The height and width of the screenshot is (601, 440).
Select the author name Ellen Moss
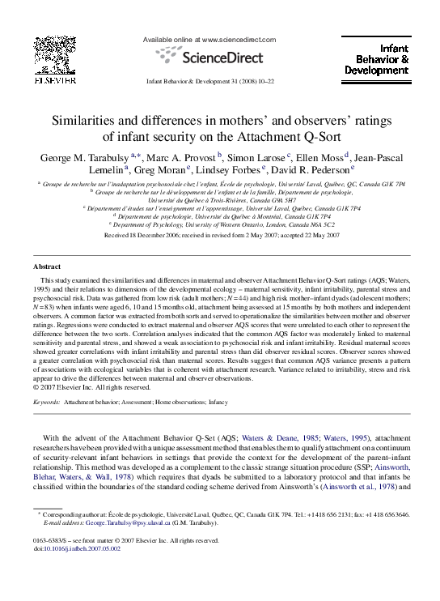click(x=316, y=155)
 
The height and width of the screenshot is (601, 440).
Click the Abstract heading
click(x=46, y=266)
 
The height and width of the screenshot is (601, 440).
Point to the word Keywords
click(x=45, y=401)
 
